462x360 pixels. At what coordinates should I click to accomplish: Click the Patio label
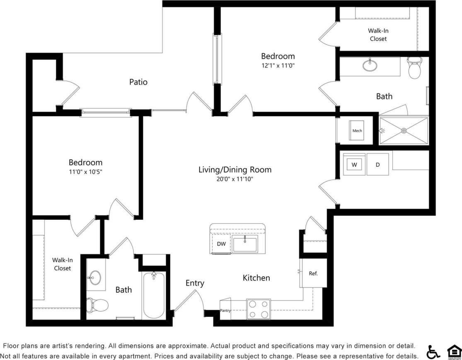coord(138,82)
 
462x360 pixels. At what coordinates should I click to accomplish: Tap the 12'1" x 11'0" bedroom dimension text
coord(278,66)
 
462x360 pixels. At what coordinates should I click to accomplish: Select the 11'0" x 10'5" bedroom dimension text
coord(85,172)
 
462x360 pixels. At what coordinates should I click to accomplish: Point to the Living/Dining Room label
coord(235,170)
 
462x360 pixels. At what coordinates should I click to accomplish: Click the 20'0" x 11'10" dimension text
coord(235,179)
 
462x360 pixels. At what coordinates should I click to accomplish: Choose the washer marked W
coord(354,165)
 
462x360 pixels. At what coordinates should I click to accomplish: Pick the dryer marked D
coord(377,165)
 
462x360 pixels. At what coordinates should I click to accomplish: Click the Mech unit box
coord(357,131)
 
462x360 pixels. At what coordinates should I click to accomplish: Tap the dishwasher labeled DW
coord(221,244)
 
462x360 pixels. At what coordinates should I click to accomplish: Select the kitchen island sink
coord(245,244)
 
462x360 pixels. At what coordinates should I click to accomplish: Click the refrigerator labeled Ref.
coord(313,274)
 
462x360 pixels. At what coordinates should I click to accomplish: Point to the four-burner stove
coord(258,309)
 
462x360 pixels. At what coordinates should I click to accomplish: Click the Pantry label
coord(225,311)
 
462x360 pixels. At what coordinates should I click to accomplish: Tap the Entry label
coord(195,283)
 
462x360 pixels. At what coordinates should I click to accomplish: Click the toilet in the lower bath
coord(98,305)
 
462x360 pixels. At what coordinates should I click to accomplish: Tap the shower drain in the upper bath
coord(404,131)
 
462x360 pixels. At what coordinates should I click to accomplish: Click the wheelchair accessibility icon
coord(433,352)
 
